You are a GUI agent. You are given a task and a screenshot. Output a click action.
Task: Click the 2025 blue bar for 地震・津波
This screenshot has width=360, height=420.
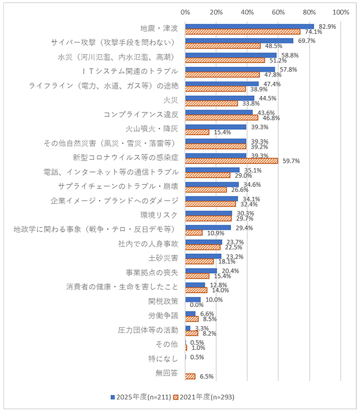249,26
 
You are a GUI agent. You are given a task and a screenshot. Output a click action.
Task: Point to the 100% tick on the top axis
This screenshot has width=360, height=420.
340,11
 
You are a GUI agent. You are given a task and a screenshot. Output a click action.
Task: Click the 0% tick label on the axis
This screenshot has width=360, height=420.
185,11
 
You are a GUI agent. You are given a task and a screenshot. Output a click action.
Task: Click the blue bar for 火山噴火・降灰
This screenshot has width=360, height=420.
215,127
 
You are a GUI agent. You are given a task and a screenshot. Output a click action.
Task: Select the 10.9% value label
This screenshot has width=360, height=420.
215,233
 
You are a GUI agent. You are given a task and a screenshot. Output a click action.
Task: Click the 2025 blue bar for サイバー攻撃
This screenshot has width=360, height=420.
239,40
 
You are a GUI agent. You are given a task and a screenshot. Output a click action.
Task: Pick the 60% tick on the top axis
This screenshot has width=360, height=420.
278,11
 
